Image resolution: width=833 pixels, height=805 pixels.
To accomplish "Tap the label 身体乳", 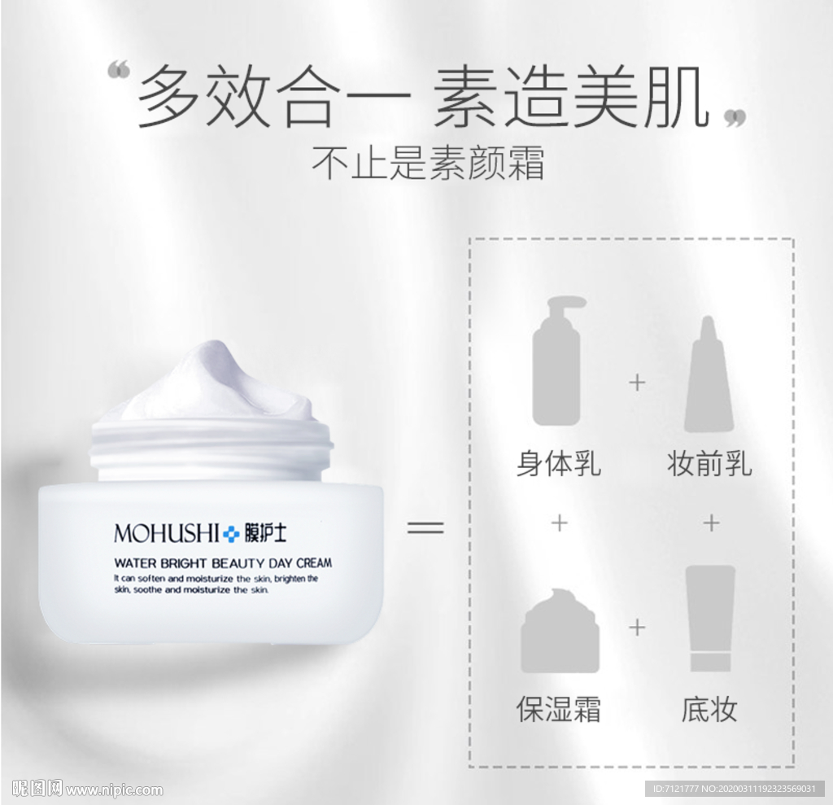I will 558,464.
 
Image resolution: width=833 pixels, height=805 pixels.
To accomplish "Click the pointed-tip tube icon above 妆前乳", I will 709,374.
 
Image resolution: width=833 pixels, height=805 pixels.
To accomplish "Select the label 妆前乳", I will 709,464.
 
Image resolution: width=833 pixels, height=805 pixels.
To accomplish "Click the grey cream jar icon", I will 560,630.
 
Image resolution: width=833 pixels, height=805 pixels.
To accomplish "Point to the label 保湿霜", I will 558,708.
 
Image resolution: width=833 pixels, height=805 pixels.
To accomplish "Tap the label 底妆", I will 709,708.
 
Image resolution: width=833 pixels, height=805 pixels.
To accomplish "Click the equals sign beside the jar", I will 425,527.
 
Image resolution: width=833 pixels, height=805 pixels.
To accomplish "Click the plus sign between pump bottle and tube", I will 637,383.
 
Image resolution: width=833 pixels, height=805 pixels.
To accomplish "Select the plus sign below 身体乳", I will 559,523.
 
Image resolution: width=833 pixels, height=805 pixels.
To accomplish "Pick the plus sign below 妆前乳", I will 711,523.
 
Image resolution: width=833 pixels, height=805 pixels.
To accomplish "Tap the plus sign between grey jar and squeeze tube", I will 637,628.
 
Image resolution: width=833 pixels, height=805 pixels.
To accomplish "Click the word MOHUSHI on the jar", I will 167,534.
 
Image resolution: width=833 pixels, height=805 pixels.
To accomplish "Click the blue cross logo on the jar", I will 233,534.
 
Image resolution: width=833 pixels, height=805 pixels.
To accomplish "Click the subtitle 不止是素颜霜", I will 428,163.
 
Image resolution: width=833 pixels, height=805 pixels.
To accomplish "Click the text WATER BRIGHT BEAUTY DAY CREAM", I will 223,562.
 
